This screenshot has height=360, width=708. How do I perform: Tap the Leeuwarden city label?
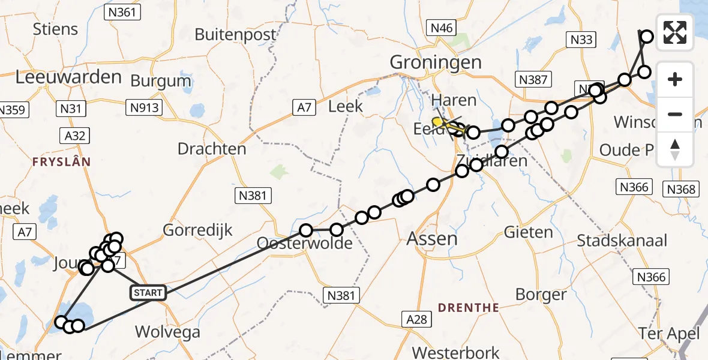tap(68, 77)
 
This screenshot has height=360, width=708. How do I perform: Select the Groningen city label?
tap(436, 62)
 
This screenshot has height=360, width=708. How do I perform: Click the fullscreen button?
tap(675, 32)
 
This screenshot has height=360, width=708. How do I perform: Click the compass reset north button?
tap(675, 149)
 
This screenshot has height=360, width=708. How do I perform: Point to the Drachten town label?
tap(212, 149)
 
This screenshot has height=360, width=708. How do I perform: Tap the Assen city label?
tap(432, 239)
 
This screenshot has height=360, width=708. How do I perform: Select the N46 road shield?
tap(441, 28)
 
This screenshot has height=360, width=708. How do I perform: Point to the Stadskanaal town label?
tap(622, 241)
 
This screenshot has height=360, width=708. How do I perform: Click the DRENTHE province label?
tap(468, 308)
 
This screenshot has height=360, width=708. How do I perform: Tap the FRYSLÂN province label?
tap(61, 162)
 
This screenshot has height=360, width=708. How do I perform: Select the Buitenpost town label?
tap(236, 34)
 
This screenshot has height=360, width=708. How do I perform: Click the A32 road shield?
tap(75, 136)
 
